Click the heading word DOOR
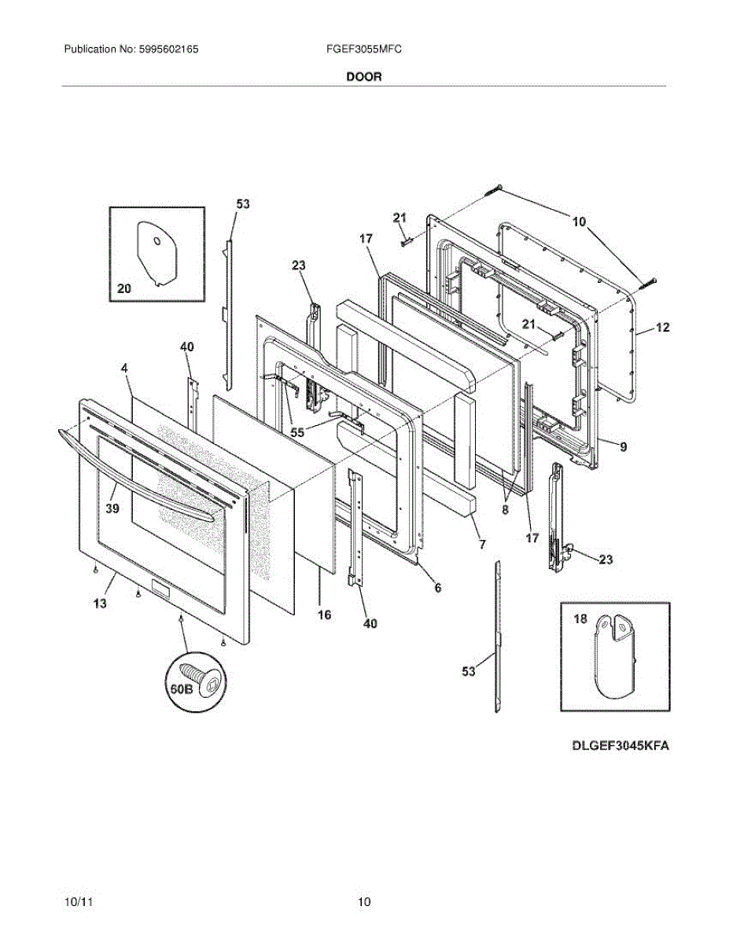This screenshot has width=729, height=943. coord(363,77)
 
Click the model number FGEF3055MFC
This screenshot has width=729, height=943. coord(364,49)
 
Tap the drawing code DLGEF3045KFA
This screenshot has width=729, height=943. coord(620,746)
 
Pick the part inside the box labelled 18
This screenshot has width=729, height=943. coord(613,657)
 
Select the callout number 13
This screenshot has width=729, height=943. coord(102,603)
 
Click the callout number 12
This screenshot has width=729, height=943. coord(662,328)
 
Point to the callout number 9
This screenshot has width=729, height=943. coord(623,447)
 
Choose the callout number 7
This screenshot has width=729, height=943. coord(482,544)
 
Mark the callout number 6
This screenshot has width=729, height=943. coord(438,587)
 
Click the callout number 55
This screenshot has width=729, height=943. coord(297,431)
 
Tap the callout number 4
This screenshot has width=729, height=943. coord(124,368)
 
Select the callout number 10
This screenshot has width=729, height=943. coord(579,222)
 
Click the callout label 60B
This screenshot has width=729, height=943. coord(180,689)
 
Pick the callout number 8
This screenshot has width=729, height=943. coord(505,509)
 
